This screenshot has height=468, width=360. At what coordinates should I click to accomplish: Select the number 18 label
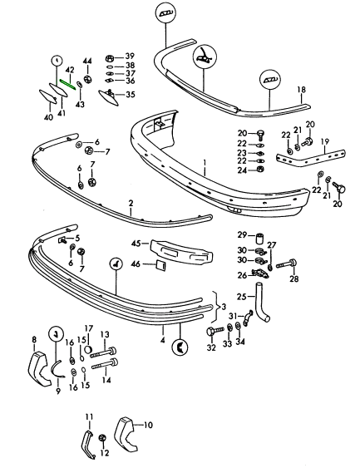click(x=302, y=90)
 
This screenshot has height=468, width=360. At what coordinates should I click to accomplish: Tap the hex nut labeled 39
click(x=110, y=57)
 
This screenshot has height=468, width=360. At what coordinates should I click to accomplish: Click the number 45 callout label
click(x=136, y=244)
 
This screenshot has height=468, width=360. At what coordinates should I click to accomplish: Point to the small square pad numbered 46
click(x=160, y=265)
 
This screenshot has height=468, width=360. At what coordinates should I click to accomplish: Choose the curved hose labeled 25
click(x=262, y=303)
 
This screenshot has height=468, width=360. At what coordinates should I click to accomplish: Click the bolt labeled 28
click(x=286, y=264)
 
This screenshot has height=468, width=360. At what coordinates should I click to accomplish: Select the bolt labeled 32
click(x=215, y=331)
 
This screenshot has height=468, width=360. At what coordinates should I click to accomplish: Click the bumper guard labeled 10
click(x=126, y=433)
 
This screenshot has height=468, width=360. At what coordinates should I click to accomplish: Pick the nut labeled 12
click(x=102, y=438)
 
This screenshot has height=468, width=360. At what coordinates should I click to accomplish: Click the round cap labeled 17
click(x=88, y=349)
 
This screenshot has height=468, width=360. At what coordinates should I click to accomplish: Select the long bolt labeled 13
click(x=103, y=352)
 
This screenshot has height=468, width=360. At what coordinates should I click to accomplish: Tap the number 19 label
click(x=325, y=141)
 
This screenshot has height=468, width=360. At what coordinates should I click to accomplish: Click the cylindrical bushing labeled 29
click(x=259, y=239)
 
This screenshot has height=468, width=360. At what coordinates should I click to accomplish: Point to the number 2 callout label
click(x=131, y=204)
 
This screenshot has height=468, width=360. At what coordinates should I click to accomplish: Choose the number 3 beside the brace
click(x=224, y=307)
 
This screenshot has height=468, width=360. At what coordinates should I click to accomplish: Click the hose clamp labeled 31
click(x=249, y=318)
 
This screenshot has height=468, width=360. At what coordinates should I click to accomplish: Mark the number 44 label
click(x=87, y=62)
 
